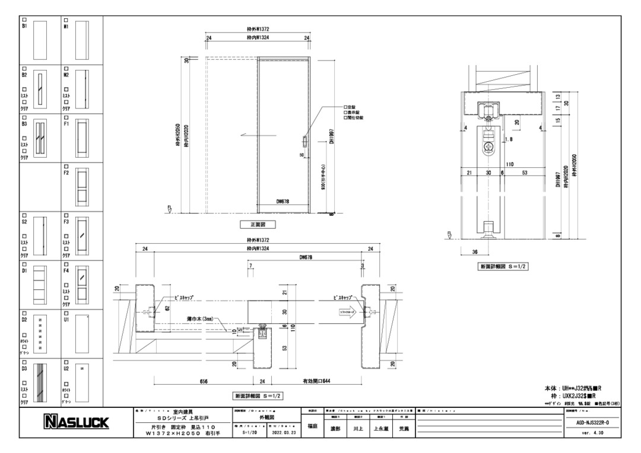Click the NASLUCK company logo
[75, 422]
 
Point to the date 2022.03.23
[283, 432]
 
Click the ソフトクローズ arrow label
[350, 311]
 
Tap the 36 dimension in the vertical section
[475, 251]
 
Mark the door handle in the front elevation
[305, 142]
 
